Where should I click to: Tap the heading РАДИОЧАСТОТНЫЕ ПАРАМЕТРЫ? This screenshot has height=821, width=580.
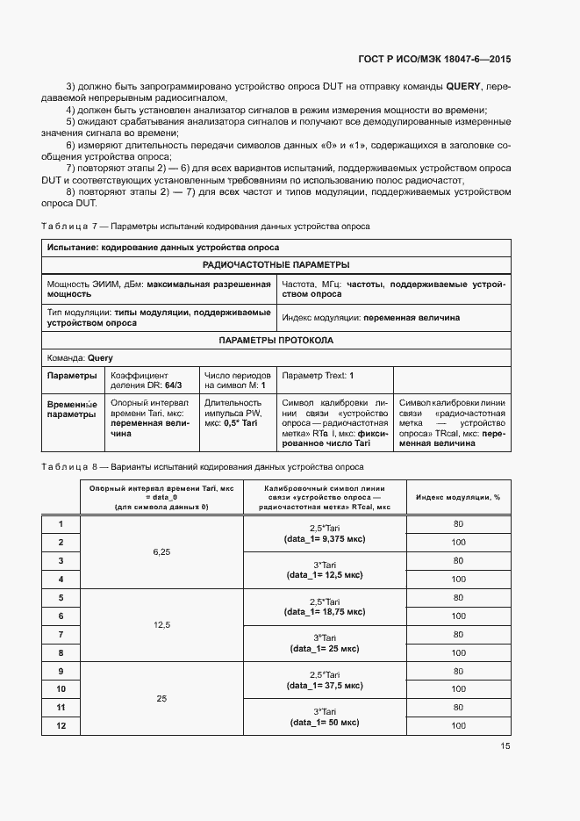click(276, 264)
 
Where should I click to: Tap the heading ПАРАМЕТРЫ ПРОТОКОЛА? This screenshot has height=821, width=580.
click(276, 340)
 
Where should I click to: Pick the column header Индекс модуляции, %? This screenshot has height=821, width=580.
click(458, 497)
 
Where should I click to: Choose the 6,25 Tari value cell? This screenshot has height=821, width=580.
click(161, 551)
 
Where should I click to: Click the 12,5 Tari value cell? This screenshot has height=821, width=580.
click(161, 624)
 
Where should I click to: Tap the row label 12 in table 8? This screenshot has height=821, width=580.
click(61, 725)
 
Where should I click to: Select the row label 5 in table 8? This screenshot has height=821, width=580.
click(61, 598)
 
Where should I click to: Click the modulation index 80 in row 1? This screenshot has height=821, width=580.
click(458, 524)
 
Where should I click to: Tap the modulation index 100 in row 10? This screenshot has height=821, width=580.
click(458, 689)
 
